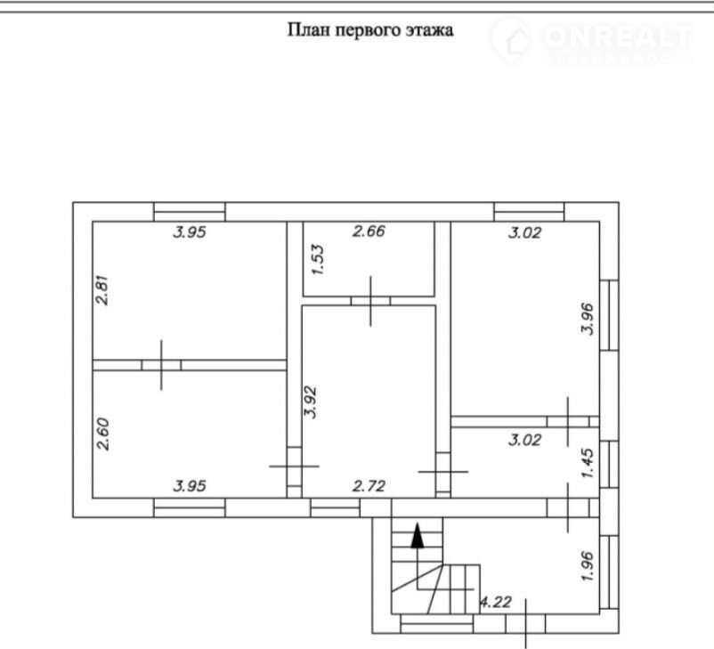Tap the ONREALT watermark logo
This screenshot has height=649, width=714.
click(x=592, y=40)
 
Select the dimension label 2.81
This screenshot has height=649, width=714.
click(x=102, y=290)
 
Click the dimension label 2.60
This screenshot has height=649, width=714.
click(x=102, y=434)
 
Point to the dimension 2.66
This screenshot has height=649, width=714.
click(x=369, y=231)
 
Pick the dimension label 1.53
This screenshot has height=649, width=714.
click(x=318, y=260)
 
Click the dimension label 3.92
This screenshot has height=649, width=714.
click(x=310, y=402)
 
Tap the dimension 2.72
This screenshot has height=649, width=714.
click(x=369, y=486)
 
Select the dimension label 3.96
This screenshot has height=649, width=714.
click(x=588, y=319)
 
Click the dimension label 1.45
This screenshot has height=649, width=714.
click(x=588, y=463)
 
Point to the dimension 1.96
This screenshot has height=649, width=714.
click(x=588, y=566)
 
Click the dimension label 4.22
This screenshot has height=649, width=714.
click(x=496, y=602)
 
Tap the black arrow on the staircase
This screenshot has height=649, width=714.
click(x=418, y=536)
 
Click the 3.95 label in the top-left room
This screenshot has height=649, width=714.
click(x=190, y=232)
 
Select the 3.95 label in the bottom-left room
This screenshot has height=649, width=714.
click(x=190, y=486)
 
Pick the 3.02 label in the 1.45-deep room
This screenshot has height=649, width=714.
click(x=524, y=440)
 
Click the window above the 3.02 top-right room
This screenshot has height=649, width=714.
click(x=529, y=212)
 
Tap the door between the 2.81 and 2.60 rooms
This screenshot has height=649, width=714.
click(x=161, y=365)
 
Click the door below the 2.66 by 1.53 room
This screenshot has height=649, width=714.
click(x=370, y=301)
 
